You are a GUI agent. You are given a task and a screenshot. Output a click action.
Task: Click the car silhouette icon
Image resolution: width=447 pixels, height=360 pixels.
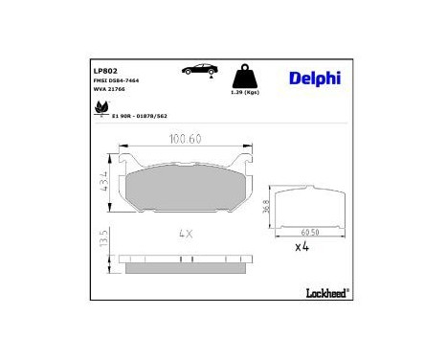197,70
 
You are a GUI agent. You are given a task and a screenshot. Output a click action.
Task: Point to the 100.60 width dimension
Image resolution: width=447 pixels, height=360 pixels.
186,141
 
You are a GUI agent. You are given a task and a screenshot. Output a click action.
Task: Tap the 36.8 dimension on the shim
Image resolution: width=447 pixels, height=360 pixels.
265,205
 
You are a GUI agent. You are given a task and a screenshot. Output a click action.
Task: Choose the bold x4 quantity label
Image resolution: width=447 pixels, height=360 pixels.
302,247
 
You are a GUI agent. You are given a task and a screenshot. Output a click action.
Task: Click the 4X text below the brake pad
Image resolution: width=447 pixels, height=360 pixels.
186,234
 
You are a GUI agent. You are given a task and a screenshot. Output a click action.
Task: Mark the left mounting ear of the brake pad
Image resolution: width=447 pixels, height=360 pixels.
120,181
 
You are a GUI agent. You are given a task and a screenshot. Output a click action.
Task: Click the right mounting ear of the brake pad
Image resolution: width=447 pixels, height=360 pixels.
252,181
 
